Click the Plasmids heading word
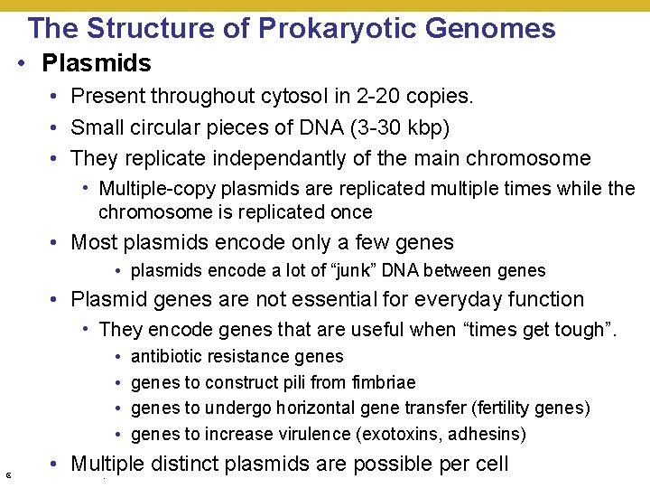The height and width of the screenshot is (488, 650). click(x=97, y=63)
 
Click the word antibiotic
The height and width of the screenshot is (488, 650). click(x=167, y=357)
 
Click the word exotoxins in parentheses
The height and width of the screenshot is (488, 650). click(x=402, y=435)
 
